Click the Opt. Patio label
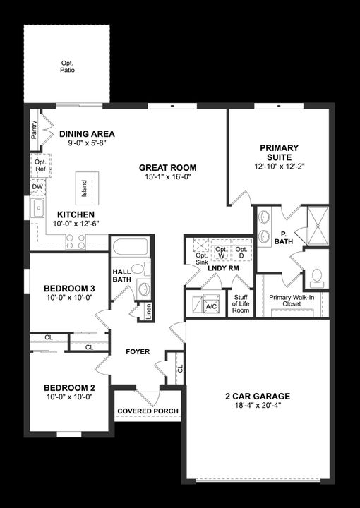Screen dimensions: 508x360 pos(67,66)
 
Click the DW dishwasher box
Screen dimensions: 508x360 pos(37,187)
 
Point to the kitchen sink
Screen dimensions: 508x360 pos(37,208)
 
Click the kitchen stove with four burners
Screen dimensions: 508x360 pos(76,242)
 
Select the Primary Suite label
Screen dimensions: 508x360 pos(279,152)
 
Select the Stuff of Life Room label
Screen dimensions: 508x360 pos(241,303)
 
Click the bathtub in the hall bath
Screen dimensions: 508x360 pos(131,248)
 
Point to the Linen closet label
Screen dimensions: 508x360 pos(148,311)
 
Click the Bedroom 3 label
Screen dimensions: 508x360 pos(69,289)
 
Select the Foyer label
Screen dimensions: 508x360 pos(138,351)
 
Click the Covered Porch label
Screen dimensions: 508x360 pos(148,411)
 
